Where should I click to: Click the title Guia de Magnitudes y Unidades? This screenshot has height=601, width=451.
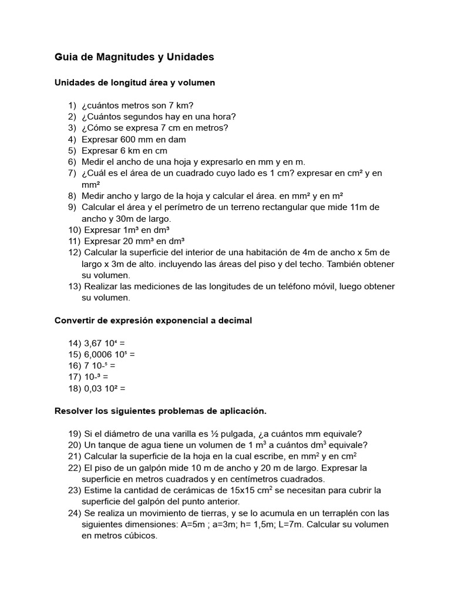point(134,57)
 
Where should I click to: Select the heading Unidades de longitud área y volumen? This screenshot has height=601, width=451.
point(134,83)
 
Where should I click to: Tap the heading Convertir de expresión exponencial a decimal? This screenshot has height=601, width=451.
point(153,320)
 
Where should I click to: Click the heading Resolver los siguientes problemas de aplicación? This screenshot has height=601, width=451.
point(160,411)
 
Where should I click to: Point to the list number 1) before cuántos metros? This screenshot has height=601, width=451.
point(72,105)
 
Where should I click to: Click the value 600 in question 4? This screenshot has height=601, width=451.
point(128,139)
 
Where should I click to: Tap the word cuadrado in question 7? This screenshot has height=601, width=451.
point(200,173)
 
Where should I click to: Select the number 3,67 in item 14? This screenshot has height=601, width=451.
point(93,343)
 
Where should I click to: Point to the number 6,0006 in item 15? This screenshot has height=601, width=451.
point(98,354)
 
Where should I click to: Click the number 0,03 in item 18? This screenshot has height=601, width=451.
point(93,388)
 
